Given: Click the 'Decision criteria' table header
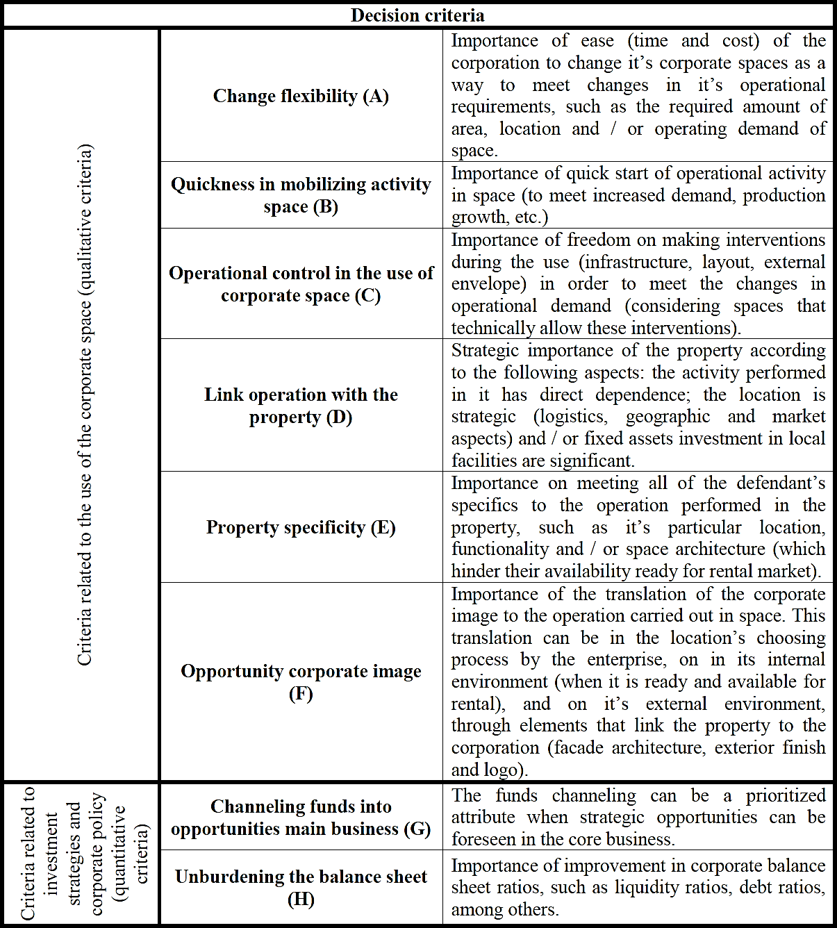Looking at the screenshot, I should pos(417,15).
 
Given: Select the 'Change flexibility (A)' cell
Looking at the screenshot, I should pos(301,96).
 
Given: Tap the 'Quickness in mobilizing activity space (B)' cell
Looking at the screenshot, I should pos(301,195).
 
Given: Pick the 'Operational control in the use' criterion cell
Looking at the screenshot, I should pos(301,284).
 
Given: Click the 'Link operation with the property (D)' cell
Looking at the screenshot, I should pos(301,406).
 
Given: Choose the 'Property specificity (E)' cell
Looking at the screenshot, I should pos(301,527).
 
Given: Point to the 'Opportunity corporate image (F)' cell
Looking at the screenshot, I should pos(301,682).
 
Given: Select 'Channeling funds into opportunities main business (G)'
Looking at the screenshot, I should pos(301,818).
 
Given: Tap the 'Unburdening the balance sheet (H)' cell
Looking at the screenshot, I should pos(301,888).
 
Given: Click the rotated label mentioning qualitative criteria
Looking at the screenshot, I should pos(84,404).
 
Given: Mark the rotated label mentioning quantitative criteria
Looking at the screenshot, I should pos(84,854).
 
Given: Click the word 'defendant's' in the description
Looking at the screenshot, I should pos(781,483).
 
